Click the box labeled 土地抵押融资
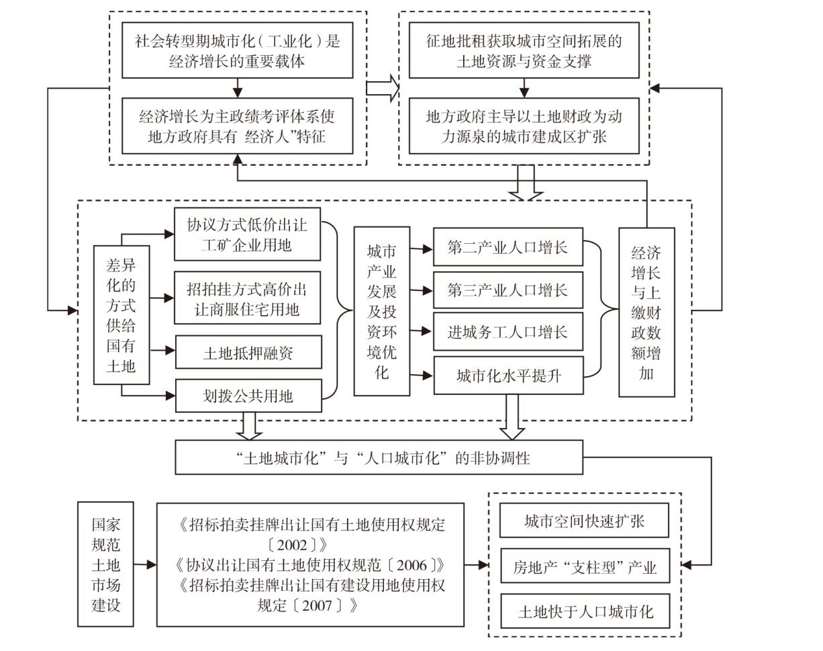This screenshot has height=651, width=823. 248,352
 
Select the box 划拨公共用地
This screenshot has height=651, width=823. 248,396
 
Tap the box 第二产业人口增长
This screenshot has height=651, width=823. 508,247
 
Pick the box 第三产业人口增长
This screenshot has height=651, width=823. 508,290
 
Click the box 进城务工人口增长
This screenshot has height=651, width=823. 508,331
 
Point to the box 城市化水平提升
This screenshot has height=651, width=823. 509,376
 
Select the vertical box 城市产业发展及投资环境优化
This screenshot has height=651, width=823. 382,311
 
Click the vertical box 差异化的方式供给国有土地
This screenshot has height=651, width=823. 122,315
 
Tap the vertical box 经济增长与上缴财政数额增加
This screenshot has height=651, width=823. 646,312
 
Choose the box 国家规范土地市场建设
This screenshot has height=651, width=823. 105,564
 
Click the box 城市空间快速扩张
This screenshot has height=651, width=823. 585,521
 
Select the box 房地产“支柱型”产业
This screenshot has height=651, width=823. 585,566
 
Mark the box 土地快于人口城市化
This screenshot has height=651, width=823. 585,611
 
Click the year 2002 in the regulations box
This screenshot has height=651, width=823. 292,545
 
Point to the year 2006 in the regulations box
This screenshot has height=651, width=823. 411,565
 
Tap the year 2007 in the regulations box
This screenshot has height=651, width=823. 317,605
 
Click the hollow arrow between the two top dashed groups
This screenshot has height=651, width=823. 383,89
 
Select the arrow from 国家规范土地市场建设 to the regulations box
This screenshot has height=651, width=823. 145,564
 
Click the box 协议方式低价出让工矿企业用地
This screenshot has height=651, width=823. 248,234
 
